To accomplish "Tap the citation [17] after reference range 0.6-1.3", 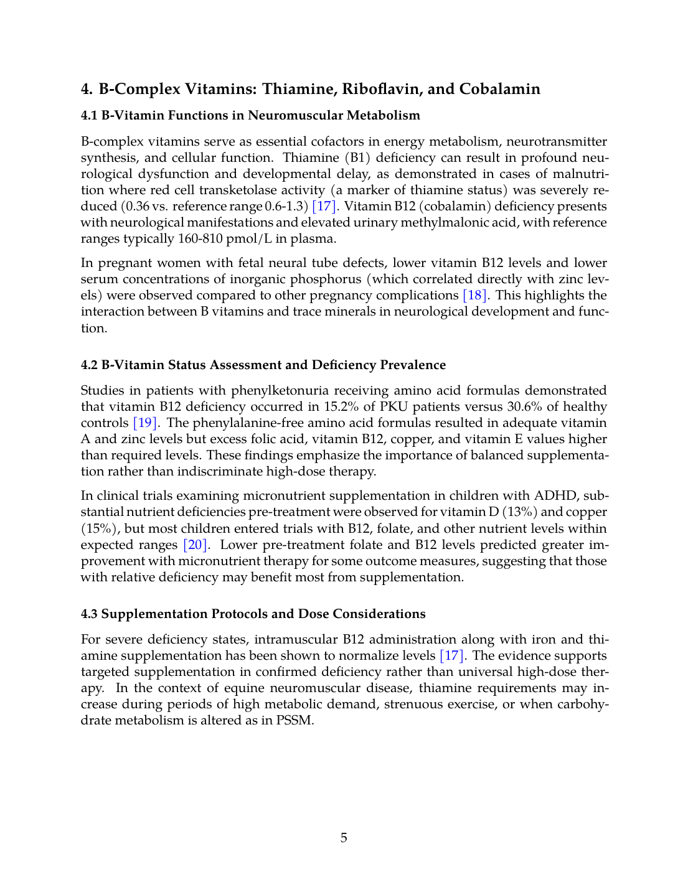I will pos(324,206).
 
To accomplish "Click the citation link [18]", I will pos(474,295).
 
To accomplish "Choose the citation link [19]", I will pos(145,423).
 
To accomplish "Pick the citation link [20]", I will pos(195,545).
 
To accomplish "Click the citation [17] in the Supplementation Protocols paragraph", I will pos(451,655).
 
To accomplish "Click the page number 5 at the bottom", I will pos(344,838).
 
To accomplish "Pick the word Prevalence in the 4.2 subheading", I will pos(413,365).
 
